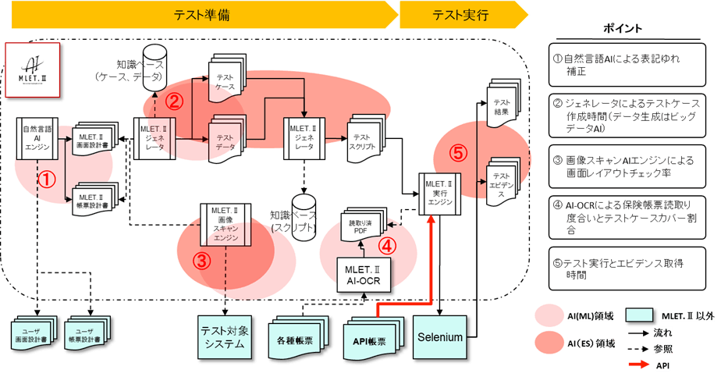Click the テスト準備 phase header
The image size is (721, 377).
[201, 15]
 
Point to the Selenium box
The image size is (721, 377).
[440, 337]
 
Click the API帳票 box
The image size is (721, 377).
[369, 340]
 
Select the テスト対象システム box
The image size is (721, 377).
[225, 336]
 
